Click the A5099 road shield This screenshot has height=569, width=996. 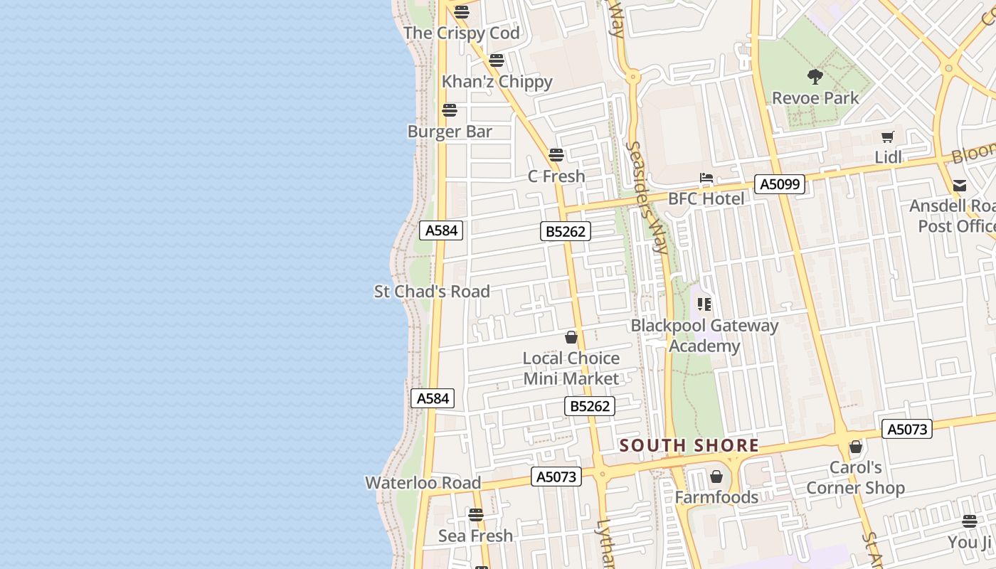pos(780,184)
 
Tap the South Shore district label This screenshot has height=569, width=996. pos(689,446)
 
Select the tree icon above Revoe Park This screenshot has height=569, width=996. pos(815,76)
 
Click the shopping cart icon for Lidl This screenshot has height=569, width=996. pos(887,137)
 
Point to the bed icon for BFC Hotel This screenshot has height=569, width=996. pos(706,178)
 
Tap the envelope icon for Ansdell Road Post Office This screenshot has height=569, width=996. pos(960,186)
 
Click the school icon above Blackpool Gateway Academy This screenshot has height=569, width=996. pos(704,304)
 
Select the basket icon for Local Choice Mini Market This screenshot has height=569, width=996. pos(571,337)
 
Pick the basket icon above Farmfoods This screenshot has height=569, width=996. pos(716,477)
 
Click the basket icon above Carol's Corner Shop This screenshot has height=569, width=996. pos(856,447)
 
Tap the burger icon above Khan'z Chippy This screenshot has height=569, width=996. pos(497,60)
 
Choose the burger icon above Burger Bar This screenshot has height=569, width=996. pos(449,110)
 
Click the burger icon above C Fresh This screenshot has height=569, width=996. pos(556,154)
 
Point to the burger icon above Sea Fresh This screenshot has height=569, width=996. pos(476,514)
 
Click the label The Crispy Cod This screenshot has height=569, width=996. pos(462,33)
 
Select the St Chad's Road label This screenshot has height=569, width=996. pos(432,291)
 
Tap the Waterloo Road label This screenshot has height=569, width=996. pos(423,482)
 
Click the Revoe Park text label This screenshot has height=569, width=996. pos(815,97)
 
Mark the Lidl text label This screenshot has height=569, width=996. pos(888,157)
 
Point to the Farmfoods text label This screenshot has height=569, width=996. pos(716,497)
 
